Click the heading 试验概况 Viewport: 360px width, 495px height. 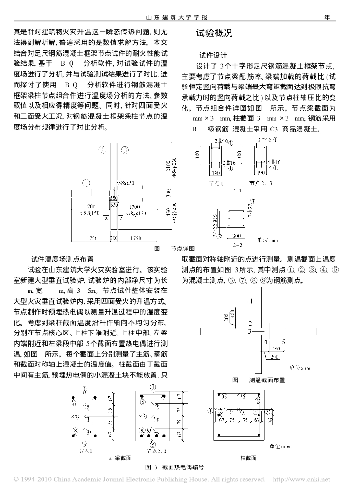click(214, 34)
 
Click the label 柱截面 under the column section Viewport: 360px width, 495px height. click(248, 457)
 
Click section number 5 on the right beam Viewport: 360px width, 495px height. click(283, 341)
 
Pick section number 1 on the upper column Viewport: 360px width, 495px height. click(251, 301)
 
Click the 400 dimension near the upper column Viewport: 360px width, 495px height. click(233, 314)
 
